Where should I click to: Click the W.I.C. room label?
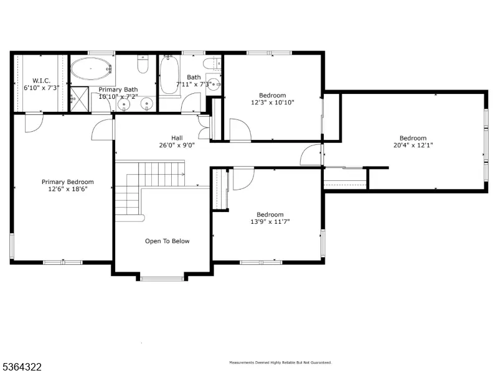[41, 81]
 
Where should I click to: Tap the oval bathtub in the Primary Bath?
[92, 68]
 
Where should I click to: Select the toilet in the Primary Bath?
[143, 64]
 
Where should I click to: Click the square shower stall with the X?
[79, 99]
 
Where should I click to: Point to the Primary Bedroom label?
[68, 182]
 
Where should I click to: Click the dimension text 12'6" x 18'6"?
[68, 189]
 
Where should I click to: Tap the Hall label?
[177, 138]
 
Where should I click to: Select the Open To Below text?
[167, 241]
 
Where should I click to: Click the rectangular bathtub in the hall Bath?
[169, 75]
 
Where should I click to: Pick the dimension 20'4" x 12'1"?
[413, 145]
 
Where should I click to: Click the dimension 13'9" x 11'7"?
[270, 222]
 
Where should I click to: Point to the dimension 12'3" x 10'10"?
[273, 103]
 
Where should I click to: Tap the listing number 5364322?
[21, 367]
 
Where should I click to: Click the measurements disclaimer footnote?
[281, 362]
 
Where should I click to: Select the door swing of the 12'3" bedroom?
[240, 129]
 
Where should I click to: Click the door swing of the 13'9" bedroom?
[243, 178]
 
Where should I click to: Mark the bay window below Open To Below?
[162, 279]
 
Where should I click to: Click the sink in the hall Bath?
[214, 85]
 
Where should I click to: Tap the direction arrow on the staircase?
[183, 174]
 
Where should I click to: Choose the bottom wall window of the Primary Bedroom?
[63, 262]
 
